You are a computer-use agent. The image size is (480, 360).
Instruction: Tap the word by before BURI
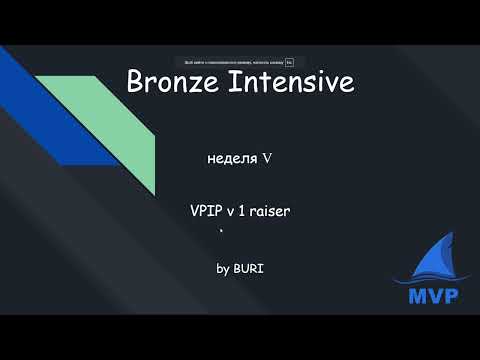[223, 269]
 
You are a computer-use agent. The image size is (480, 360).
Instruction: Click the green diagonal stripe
[110, 125]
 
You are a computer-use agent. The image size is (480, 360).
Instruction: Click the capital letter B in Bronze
[136, 83]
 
